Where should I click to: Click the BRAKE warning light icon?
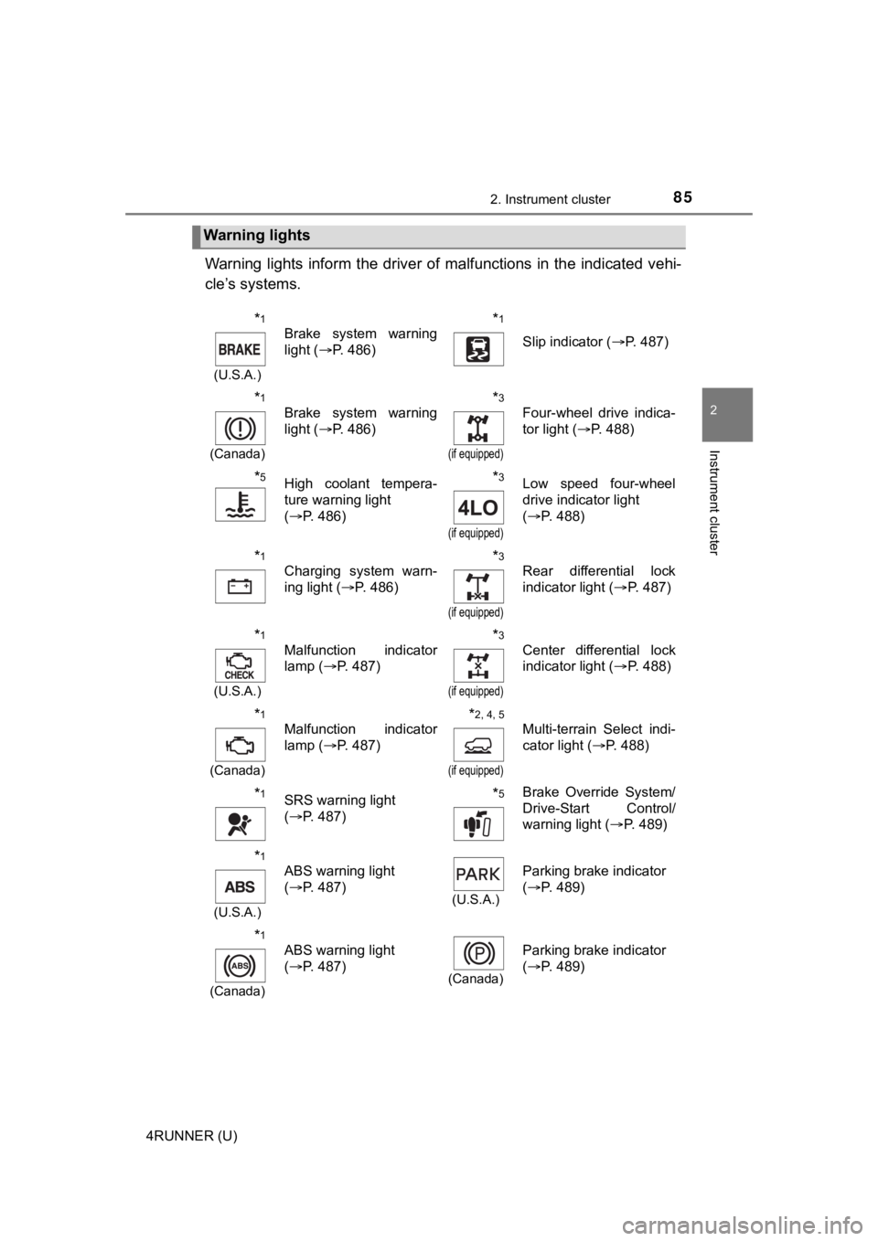pos(240,349)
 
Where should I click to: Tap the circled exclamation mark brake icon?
pos(240,429)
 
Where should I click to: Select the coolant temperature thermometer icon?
pos(240,505)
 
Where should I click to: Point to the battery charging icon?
pos(240,586)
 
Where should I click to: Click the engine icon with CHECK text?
pos(240,664)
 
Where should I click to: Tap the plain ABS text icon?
pos(240,886)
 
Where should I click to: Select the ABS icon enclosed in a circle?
pos(240,965)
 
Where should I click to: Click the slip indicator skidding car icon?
pos(477,349)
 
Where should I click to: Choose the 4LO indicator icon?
pos(478,507)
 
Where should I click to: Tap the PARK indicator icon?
pos(477,875)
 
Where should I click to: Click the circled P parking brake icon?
pos(477,953)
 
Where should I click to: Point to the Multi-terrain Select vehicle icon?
pos(477,745)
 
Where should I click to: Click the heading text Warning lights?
pos(257,236)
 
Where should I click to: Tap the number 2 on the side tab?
pos(729,408)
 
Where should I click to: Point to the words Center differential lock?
pos(599,650)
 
